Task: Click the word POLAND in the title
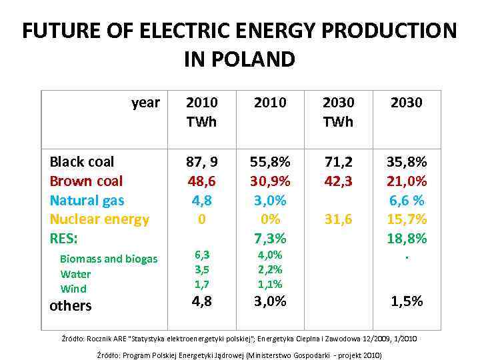257,59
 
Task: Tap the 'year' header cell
145,103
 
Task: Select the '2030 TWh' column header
338,112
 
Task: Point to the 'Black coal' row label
82,162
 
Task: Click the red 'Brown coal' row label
86,181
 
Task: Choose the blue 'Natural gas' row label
87,200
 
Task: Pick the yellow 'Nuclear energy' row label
99,219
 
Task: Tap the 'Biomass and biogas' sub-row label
109,259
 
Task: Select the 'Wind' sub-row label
73,289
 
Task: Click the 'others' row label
71,306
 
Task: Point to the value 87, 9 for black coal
202,162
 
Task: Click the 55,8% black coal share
270,162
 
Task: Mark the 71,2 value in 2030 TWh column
338,162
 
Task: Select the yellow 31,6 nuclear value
338,219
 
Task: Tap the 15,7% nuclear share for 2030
407,219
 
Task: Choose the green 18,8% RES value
407,238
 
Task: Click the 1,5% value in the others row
407,301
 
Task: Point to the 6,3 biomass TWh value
202,255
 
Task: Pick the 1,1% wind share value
270,284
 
